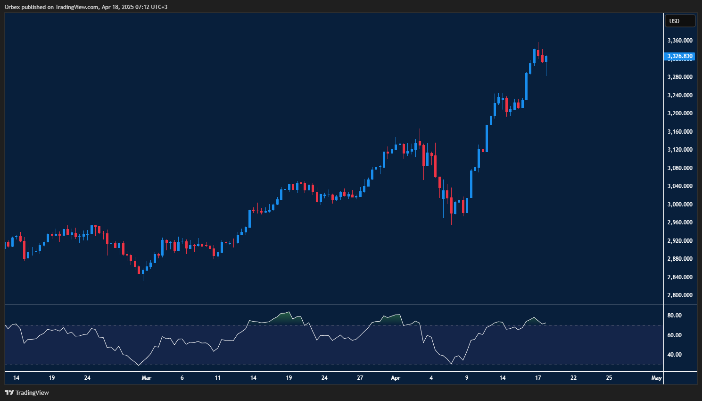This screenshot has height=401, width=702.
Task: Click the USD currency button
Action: click(x=679, y=21)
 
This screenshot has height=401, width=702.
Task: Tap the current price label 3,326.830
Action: click(x=680, y=56)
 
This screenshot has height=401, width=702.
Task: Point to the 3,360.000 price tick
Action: click(x=680, y=41)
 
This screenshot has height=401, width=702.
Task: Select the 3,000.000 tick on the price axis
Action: click(x=680, y=204)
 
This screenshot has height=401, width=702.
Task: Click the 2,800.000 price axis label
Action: click(x=680, y=295)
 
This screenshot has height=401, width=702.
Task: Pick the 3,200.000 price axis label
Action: click(x=680, y=113)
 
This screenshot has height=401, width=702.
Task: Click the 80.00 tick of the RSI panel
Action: click(x=675, y=316)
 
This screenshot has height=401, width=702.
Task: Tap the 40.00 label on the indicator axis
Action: click(x=675, y=355)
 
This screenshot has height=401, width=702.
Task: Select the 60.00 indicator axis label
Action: click(x=675, y=335)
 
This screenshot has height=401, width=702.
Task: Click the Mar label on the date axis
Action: click(x=147, y=378)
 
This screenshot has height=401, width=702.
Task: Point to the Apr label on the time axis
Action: click(x=396, y=378)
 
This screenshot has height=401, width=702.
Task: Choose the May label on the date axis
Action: click(x=656, y=378)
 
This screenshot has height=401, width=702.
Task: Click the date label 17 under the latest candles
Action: click(x=538, y=378)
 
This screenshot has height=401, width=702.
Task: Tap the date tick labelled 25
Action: click(x=609, y=378)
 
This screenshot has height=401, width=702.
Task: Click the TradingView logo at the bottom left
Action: click(x=27, y=392)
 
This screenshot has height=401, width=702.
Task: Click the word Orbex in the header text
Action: click(x=12, y=7)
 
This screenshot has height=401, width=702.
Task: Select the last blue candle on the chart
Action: click(x=546, y=59)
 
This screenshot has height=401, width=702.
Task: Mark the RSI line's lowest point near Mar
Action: click(x=139, y=365)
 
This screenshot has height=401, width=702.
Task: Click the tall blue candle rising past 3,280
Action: click(x=526, y=86)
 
